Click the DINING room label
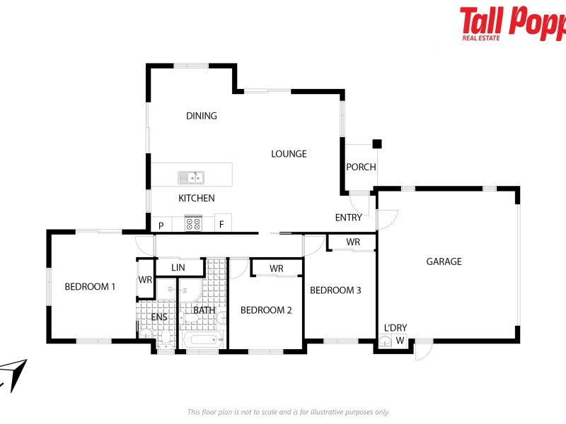[x=202, y=116]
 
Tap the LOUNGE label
[x=289, y=154]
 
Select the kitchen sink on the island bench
[x=191, y=177]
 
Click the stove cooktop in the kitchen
[x=193, y=223]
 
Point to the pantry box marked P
[x=161, y=224]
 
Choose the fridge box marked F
[x=223, y=223]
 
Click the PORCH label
[x=361, y=167]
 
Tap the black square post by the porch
[x=377, y=144]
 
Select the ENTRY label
[x=348, y=218]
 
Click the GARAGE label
[x=444, y=261]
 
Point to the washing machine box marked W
[x=400, y=341]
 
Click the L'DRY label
[x=395, y=328]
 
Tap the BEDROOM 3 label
[x=335, y=290]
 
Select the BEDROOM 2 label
[x=266, y=310]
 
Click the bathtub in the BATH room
[x=203, y=340]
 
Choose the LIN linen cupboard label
[x=178, y=268]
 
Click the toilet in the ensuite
[x=166, y=340]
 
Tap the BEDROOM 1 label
[x=90, y=287]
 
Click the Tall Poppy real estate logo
[x=512, y=23]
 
